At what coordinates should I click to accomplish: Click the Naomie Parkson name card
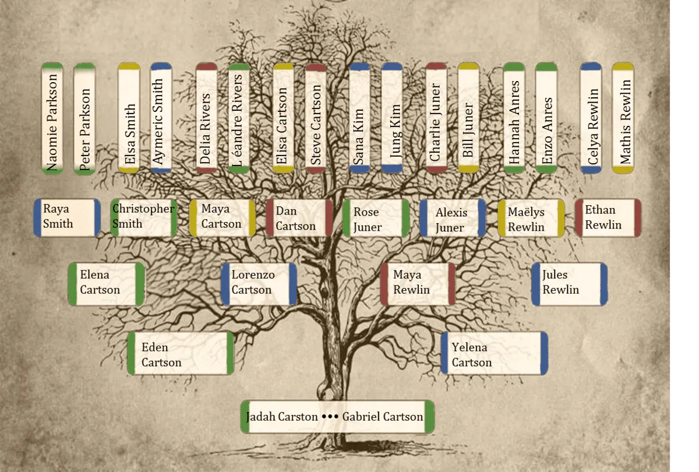coord(52,118)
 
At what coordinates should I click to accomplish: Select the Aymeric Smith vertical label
coord(161,118)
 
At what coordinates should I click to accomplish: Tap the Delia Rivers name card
coord(206,118)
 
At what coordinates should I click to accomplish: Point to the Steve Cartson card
coord(316,118)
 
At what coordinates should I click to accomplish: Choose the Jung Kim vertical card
coord(391,118)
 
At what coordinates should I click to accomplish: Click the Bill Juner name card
coord(468,118)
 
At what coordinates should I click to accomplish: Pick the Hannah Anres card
coord(514,118)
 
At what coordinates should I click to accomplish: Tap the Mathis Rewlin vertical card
coord(623,118)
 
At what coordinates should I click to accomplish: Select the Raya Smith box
coord(67,217)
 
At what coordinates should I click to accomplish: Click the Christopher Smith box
coord(144,217)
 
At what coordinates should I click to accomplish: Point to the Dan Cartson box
coord(299,218)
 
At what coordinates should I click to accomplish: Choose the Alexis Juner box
coord(453,218)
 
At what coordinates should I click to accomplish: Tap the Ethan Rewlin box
coord(608,217)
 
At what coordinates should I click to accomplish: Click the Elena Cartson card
coord(107,284)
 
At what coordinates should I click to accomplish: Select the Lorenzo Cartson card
coord(259,284)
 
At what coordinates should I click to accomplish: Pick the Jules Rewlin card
coord(570,284)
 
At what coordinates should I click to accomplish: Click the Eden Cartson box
coord(181,353)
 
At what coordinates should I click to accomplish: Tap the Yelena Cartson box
coord(495,353)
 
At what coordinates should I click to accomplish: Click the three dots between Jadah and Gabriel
coord(330,417)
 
